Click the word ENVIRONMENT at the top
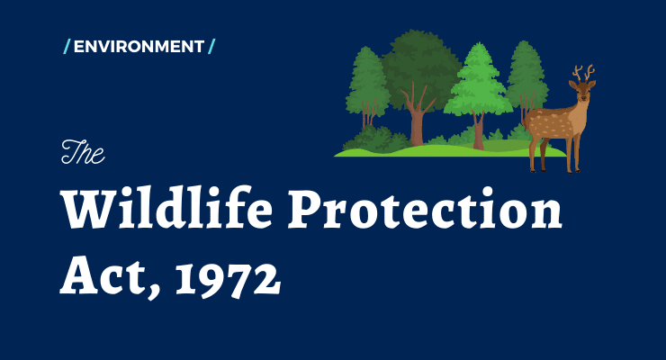[139, 46]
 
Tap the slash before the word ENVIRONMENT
[67, 46]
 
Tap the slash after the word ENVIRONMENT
[211, 46]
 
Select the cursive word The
[83, 152]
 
